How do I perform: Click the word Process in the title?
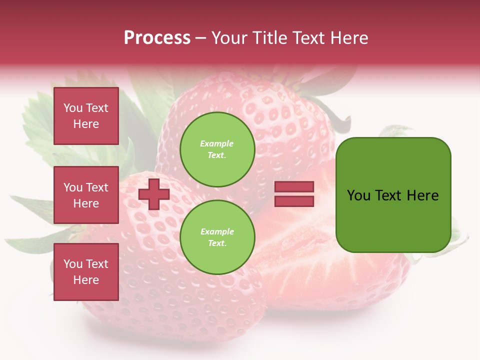tap(157, 38)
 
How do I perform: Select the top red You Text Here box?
tap(86, 116)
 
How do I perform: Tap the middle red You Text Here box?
tap(86, 195)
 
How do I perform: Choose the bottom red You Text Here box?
tap(86, 272)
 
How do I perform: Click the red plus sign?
tap(154, 194)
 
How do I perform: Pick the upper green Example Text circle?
tap(217, 149)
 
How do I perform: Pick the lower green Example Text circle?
tap(217, 237)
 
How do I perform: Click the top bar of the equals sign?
tap(294, 187)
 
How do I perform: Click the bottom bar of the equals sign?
tap(294, 201)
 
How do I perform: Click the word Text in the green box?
tap(389, 195)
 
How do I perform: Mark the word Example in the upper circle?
tap(217, 144)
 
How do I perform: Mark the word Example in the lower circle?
tap(217, 232)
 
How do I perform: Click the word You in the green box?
tap(358, 195)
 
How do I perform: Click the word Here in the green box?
tap(422, 195)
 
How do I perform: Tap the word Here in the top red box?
tap(86, 124)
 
